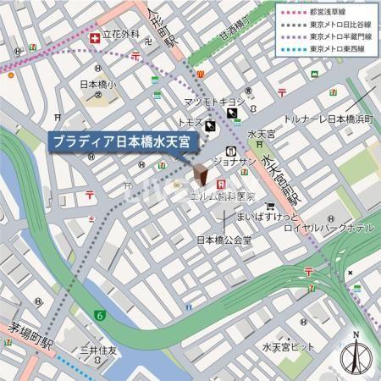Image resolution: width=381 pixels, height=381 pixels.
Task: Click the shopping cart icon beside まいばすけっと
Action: [x=269, y=205]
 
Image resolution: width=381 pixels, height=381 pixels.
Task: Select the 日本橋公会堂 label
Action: [x=224, y=240]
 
